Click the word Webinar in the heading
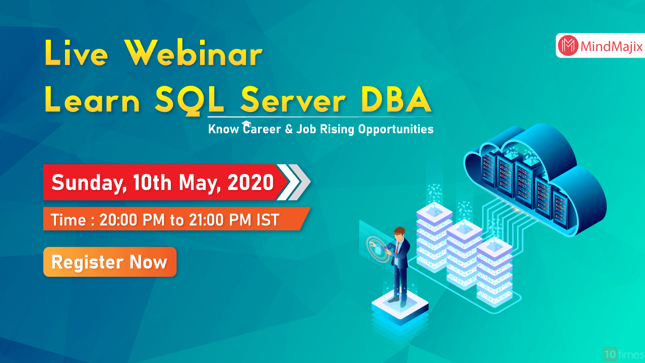(194, 54)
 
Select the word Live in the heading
(77, 54)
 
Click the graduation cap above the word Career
(246, 124)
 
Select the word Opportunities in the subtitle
(396, 130)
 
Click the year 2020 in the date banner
(250, 182)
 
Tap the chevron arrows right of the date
(294, 182)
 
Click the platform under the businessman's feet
(400, 307)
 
